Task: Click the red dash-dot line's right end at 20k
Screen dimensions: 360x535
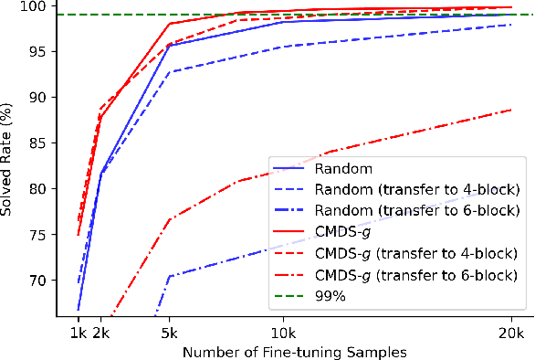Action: [510, 110]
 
